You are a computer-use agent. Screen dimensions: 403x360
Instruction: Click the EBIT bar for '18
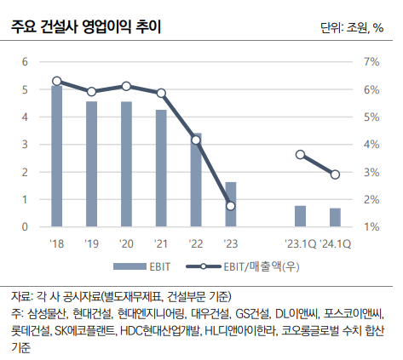coord(57,156)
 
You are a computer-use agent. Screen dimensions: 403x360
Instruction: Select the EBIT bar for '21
coord(161,169)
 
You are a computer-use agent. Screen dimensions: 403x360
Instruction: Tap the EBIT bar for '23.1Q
coord(300,216)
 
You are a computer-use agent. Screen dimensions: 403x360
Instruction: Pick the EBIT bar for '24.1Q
coord(335,217)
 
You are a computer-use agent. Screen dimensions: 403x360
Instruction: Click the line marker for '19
coord(91,92)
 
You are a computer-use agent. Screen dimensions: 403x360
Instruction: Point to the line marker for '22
coord(196,140)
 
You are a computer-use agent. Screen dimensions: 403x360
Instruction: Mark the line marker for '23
coord(231,206)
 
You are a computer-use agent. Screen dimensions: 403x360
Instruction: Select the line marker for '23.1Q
coord(300,155)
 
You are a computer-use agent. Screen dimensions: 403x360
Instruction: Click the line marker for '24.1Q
coord(335,174)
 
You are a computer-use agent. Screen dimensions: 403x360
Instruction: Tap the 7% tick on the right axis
coord(371,62)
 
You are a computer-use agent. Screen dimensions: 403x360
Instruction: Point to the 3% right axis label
coord(371,172)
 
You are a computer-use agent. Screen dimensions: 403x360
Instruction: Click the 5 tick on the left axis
coord(25,89)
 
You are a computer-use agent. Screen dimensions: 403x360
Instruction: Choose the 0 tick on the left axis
coord(25,227)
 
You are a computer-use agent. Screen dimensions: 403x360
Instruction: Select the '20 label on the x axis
coord(126,243)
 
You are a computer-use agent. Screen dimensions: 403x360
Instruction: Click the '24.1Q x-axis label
coord(336,243)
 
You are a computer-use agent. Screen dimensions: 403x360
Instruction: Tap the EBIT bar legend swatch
coord(130,266)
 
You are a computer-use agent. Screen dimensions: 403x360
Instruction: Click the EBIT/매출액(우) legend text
coord(262,266)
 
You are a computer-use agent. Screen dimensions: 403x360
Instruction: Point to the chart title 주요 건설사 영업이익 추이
coord(86,27)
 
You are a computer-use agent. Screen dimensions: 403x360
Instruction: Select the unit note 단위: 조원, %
coord(352,28)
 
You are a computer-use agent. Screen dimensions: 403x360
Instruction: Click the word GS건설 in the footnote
coord(252,314)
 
